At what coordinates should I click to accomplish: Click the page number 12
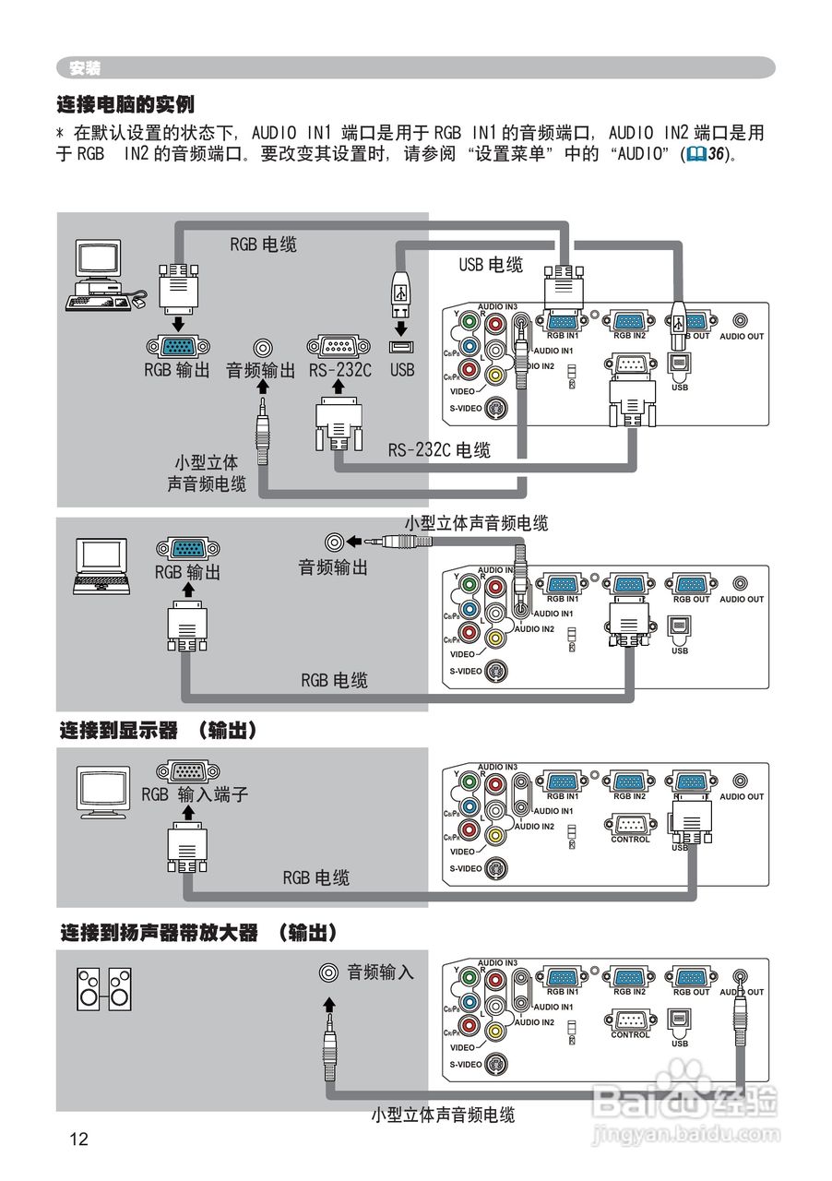click(78, 1139)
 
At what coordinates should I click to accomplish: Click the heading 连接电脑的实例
click(125, 104)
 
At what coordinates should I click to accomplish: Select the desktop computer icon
click(101, 275)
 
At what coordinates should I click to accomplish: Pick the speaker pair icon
click(103, 988)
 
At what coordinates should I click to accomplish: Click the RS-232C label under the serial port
click(340, 370)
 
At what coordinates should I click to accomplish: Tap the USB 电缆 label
click(491, 265)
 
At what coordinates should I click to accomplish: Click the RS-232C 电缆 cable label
click(439, 450)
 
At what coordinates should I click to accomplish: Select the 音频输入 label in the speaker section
click(380, 972)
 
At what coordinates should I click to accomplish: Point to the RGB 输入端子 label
click(195, 794)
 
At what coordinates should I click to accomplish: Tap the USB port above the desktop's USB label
click(401, 348)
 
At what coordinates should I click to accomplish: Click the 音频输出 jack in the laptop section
click(335, 542)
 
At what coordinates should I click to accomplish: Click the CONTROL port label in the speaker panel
click(630, 1035)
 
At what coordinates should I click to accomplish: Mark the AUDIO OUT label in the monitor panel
click(742, 796)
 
